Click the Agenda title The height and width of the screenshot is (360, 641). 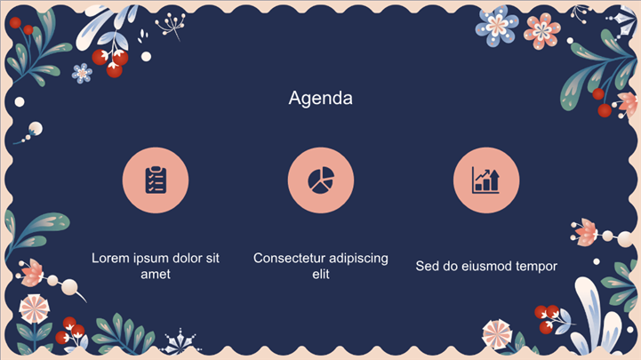click(320, 99)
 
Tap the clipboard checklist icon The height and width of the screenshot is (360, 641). click(156, 180)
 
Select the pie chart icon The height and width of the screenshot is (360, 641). click(321, 180)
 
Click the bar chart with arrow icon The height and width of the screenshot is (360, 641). click(485, 180)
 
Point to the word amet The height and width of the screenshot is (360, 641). click(156, 274)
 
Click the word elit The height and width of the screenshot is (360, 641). click(321, 274)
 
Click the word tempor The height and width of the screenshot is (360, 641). click(536, 267)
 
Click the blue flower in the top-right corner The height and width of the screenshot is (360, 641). click(497, 26)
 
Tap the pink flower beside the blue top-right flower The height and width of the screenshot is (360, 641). click(542, 30)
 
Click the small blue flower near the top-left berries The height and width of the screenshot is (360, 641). click(82, 74)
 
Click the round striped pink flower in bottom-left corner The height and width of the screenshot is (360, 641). click(35, 308)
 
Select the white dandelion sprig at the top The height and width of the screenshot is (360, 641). click(172, 26)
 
